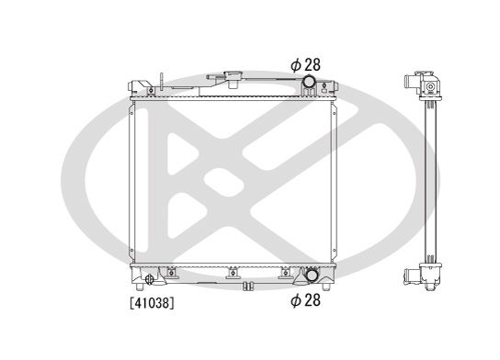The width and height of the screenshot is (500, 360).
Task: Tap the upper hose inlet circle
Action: (x=310, y=84)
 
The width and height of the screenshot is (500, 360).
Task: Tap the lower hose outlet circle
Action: (x=311, y=275)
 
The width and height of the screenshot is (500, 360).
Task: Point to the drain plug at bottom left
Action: (x=150, y=278)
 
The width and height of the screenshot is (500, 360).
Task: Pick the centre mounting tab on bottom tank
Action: (x=233, y=272)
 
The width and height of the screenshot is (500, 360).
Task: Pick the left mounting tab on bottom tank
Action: (x=171, y=273)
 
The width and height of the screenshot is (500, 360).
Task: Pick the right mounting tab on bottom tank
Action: (x=286, y=272)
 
